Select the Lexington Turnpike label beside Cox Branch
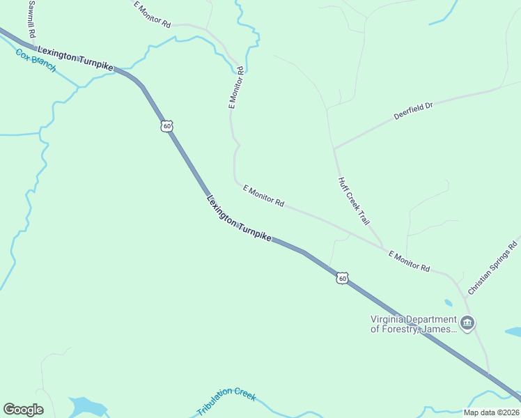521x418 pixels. click(75, 58)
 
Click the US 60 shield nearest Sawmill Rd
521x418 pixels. click(165, 126)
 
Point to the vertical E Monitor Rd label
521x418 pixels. click(236, 88)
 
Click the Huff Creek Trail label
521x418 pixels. click(353, 201)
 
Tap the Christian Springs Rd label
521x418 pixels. click(493, 268)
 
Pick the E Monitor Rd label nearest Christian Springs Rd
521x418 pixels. click(409, 261)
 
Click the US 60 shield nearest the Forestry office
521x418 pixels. click(341, 278)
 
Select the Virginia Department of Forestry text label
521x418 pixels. click(414, 325)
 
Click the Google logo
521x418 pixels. click(23, 410)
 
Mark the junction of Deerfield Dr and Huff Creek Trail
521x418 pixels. click(334, 149)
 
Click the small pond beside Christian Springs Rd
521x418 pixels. click(448, 303)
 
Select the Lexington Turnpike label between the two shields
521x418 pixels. click(239, 219)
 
